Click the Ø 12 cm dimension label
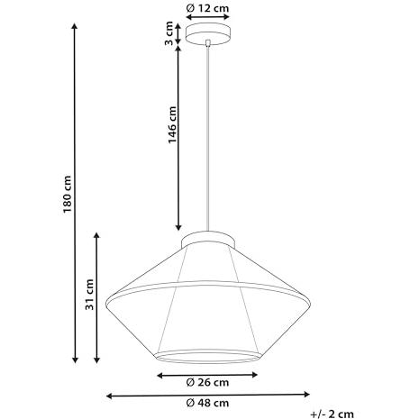tap(207, 8)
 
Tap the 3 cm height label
tap(169, 33)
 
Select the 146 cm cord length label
tap(172, 125)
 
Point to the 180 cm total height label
tap(68, 195)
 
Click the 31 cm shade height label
tap(89, 295)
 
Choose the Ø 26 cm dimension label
tap(207, 382)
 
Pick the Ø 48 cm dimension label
tap(207, 403)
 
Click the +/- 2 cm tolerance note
tap(332, 414)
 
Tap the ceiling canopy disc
tap(208, 34)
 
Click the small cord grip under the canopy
tap(207, 43)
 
